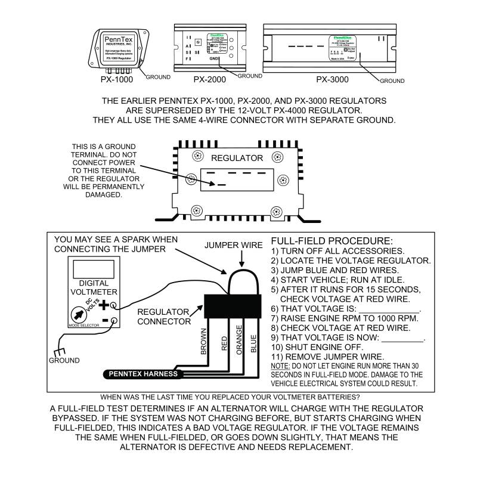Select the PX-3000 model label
pos(332,79)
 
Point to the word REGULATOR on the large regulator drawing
pos(237,158)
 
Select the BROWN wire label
pos(203,342)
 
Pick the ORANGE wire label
pos(238,340)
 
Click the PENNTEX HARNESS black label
pos(143,374)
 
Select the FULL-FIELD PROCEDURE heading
pos(332,241)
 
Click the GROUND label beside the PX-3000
pos(392,80)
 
